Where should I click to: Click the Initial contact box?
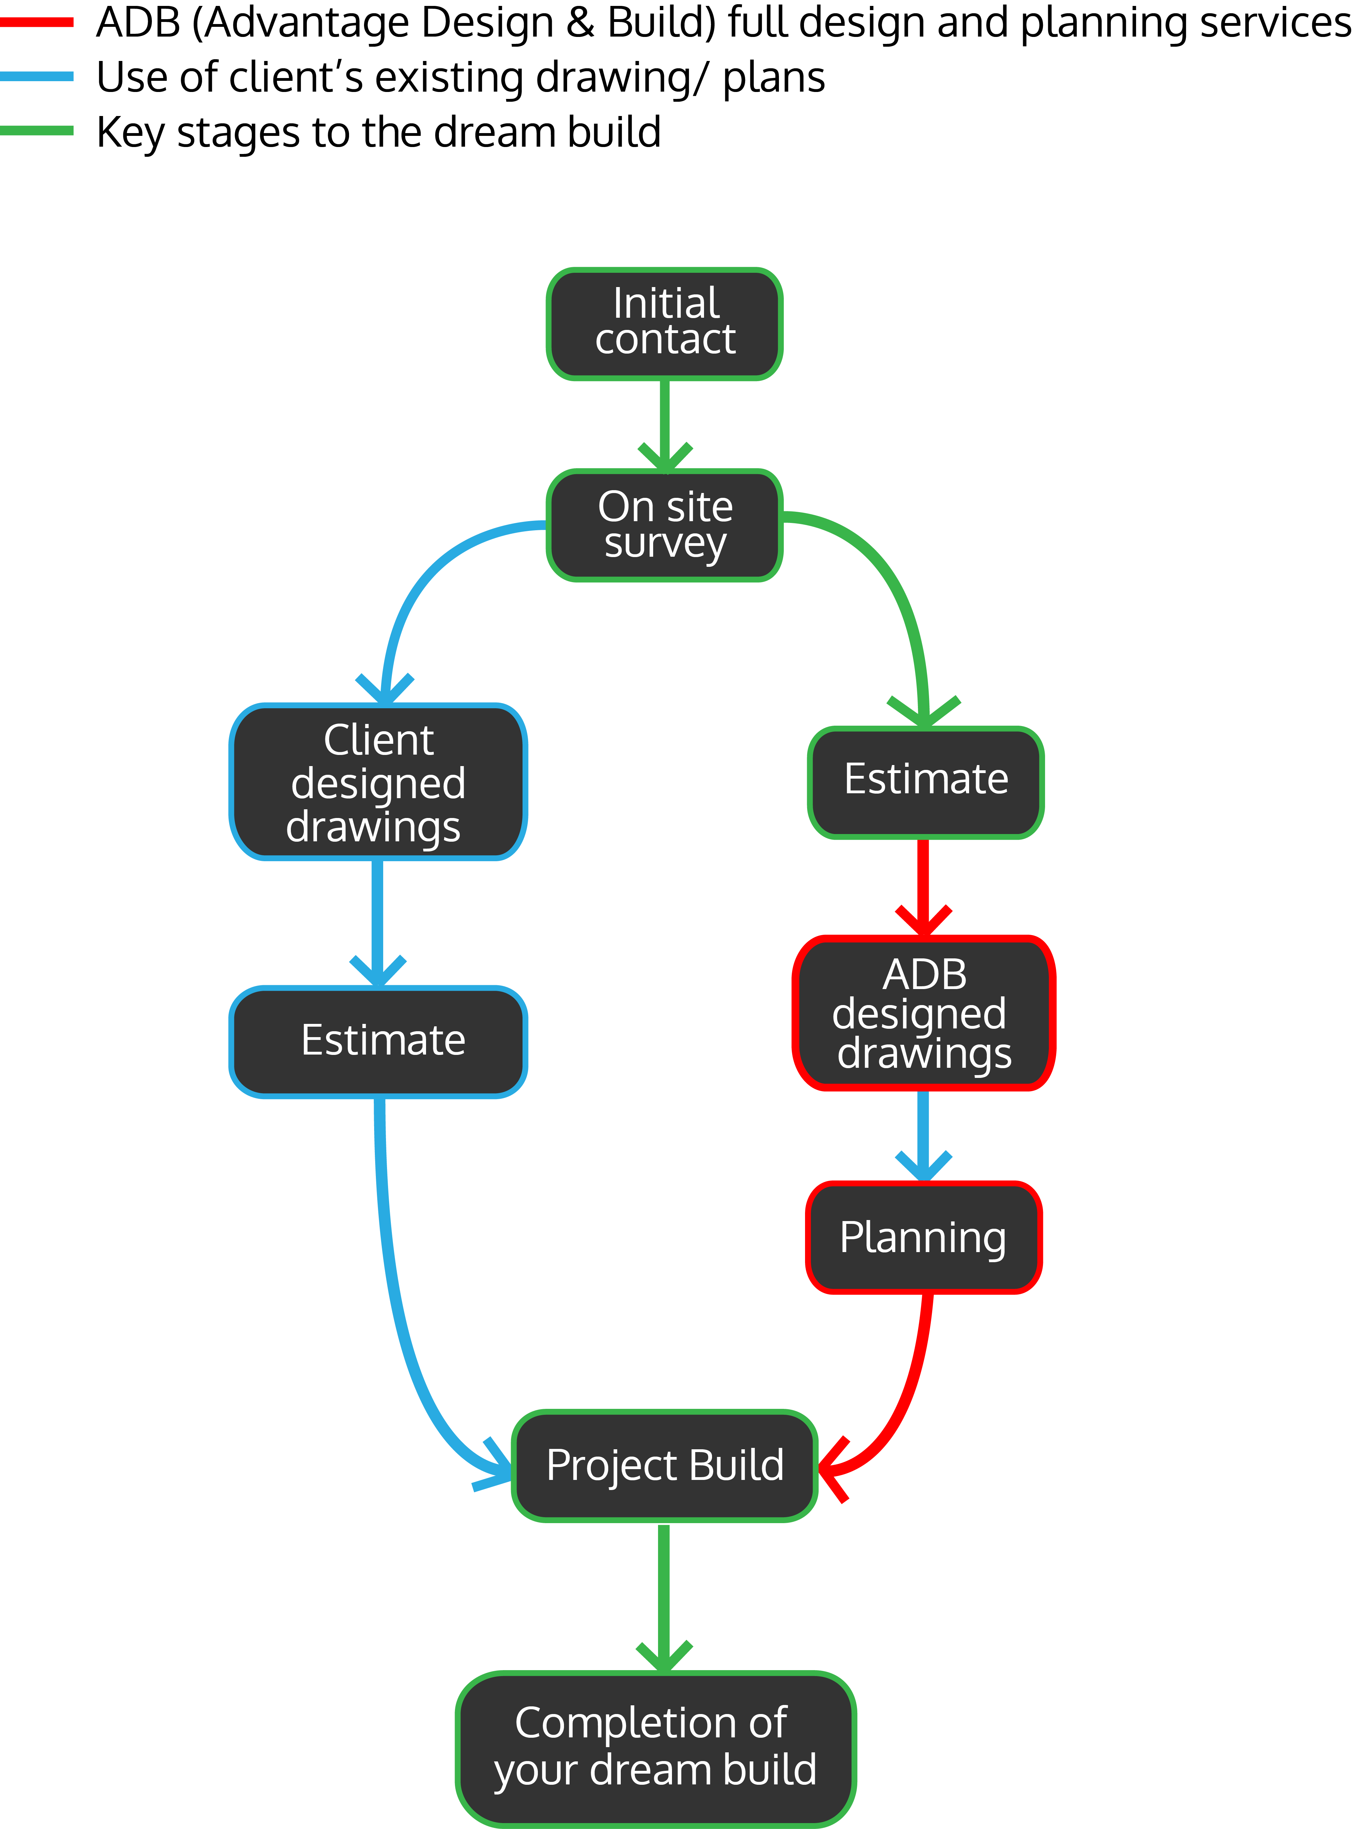(x=664, y=324)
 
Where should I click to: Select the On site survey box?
(x=664, y=525)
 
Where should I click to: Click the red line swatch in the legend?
(x=37, y=23)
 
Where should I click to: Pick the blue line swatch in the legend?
(x=37, y=77)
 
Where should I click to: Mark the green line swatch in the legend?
(x=37, y=131)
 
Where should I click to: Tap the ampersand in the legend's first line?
(x=580, y=23)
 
